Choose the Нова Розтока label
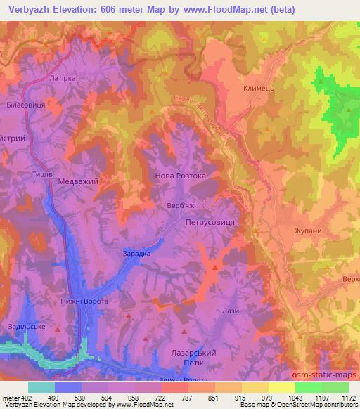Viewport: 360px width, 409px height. (x=180, y=176)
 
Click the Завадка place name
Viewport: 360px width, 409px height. (x=137, y=254)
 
